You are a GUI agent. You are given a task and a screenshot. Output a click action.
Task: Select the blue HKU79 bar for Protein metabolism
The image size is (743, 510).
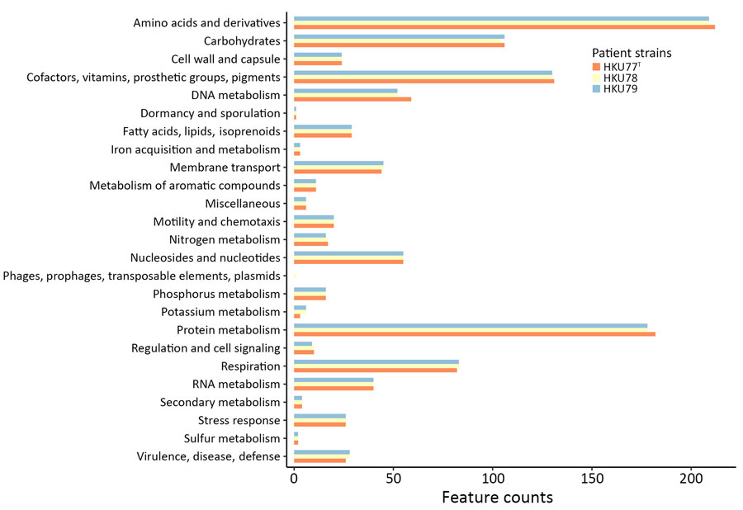(x=471, y=326)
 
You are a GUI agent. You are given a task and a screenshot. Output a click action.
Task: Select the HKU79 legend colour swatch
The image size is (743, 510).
(x=597, y=89)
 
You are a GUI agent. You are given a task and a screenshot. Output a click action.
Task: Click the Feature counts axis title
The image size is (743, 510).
(x=497, y=498)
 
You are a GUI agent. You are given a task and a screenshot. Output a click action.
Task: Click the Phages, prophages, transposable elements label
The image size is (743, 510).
(x=142, y=276)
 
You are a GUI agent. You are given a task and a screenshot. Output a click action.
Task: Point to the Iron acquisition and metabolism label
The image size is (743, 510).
(x=196, y=149)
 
